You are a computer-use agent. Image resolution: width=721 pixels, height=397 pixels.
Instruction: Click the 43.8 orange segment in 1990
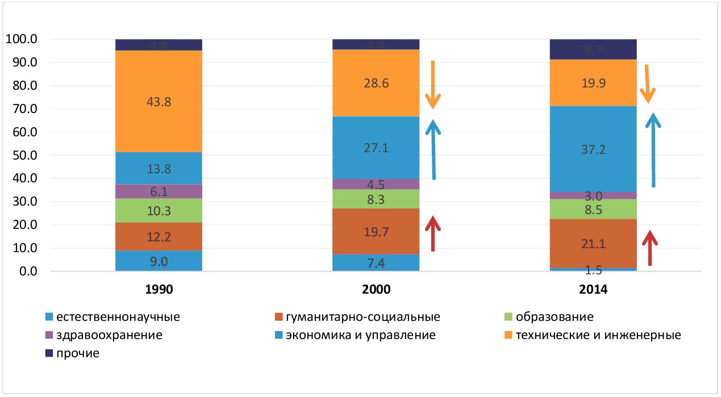pos(159,102)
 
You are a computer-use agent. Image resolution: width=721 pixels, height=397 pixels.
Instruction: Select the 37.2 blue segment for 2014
pos(593,149)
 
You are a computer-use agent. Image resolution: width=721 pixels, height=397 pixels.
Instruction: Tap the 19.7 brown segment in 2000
pos(376,231)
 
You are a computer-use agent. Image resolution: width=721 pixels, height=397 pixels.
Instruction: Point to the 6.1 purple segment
pos(159,192)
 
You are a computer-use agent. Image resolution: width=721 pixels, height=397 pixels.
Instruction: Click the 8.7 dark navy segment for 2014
pos(593,49)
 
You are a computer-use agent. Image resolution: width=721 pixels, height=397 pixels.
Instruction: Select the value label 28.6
pos(376,83)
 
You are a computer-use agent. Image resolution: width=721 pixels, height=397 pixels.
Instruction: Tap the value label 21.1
pos(593,244)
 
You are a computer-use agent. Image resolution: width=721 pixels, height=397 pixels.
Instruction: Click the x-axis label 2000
pos(376,289)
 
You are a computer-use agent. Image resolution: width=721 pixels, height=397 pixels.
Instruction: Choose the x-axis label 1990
pos(159,289)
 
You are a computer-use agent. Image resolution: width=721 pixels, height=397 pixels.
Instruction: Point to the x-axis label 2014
pos(593,289)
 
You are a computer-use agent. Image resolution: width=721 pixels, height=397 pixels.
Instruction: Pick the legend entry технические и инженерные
pos(596,335)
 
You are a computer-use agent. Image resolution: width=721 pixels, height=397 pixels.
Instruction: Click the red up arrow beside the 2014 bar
pos(649,248)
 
